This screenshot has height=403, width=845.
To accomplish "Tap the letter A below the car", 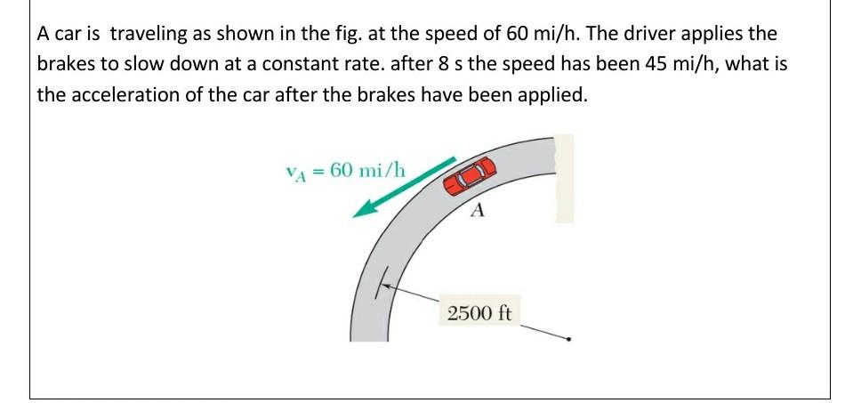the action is pos(478,212).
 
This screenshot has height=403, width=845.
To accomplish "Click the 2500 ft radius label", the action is pos(480,313).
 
